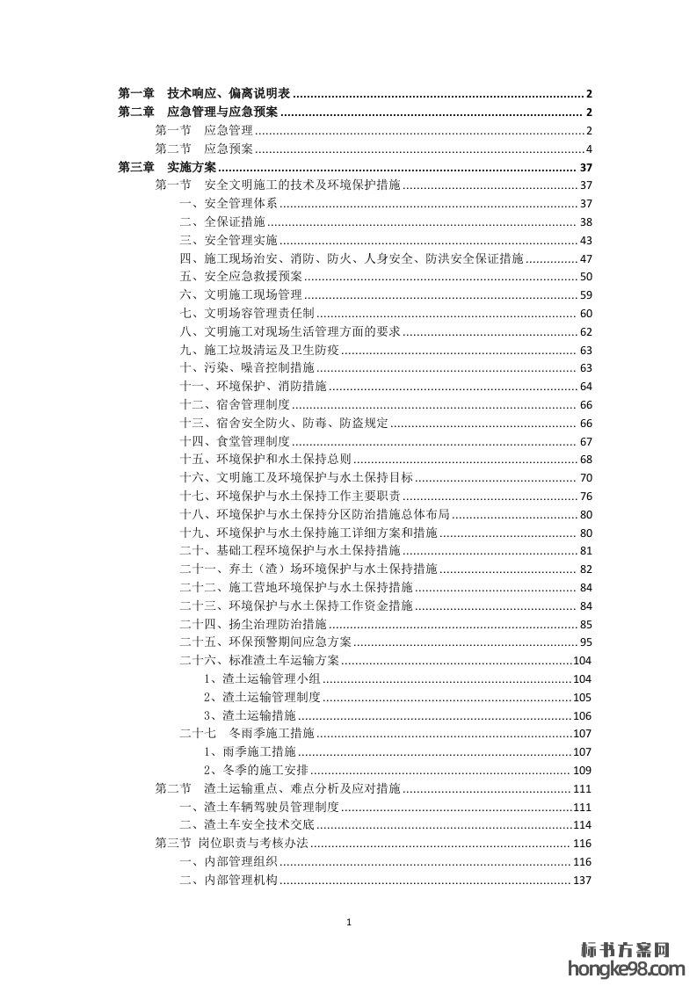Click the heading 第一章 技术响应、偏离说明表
coord(206,93)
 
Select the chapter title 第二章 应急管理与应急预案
coord(199,112)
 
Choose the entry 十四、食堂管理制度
coord(235,440)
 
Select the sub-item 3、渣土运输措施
coord(250,715)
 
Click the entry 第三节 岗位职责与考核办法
coord(231,843)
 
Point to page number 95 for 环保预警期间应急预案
coord(586,642)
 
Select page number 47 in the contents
coord(586,258)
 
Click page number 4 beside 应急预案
coord(590,149)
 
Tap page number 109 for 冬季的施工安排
coord(582,771)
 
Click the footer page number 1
coord(350,922)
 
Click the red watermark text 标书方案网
coord(626,949)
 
